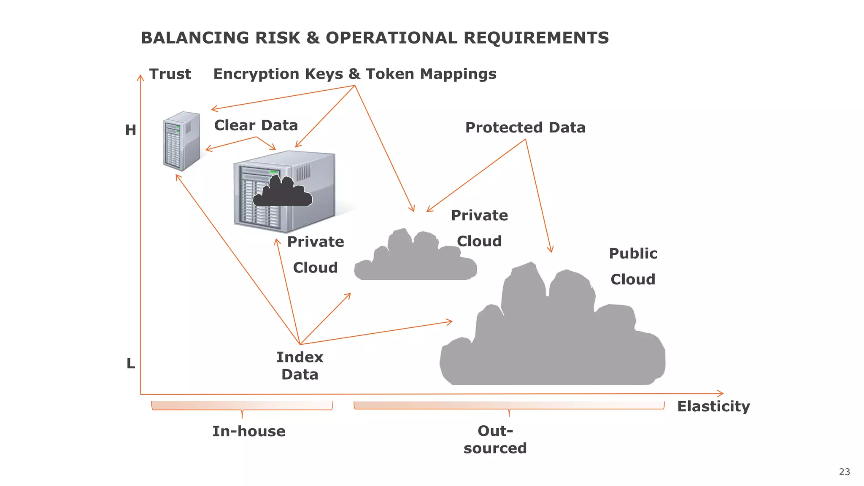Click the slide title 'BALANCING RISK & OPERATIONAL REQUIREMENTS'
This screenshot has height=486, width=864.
(x=375, y=38)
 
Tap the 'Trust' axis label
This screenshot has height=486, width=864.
(x=170, y=74)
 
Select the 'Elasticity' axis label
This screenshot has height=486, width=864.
(x=713, y=406)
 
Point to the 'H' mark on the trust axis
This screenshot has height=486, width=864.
(x=130, y=130)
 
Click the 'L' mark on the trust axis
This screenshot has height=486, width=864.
(x=131, y=363)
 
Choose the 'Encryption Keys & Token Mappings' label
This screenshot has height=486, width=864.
(x=355, y=74)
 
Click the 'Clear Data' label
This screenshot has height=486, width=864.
(x=256, y=125)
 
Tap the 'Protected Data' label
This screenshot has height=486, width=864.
(x=525, y=127)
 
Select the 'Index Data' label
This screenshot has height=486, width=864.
(x=300, y=366)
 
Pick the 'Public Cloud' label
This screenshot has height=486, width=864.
(x=633, y=266)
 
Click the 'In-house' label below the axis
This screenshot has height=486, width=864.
(x=248, y=431)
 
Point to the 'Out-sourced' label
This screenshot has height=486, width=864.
(x=495, y=439)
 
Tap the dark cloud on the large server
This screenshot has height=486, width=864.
(x=283, y=192)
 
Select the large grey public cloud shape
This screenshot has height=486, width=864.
(x=553, y=337)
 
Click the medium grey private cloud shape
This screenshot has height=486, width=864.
(x=416, y=258)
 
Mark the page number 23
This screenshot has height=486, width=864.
(x=844, y=472)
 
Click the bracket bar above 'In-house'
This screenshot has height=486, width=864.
(x=242, y=405)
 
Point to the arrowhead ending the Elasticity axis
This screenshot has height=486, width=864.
(x=721, y=393)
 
